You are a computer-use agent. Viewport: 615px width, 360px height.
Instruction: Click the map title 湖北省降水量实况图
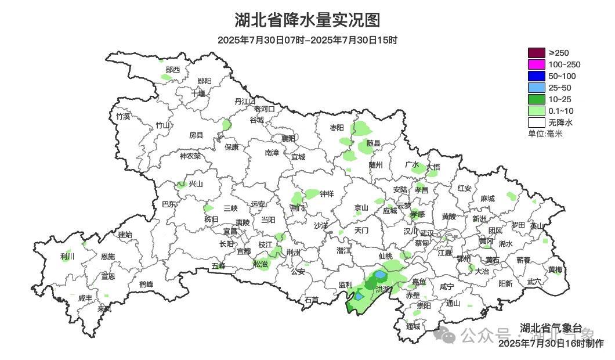[307, 20]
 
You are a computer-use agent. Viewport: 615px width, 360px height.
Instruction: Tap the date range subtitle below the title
[307, 40]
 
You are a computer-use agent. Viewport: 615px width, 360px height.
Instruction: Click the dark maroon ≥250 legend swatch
[537, 53]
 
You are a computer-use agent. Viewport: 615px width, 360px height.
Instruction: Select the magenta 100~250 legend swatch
[537, 64]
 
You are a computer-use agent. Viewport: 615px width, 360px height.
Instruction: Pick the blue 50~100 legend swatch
[537, 76]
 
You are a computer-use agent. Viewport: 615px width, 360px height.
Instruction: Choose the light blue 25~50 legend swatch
[537, 88]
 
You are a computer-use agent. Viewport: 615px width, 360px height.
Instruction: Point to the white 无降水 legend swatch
[537, 123]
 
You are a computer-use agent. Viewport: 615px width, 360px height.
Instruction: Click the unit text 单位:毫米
[545, 134]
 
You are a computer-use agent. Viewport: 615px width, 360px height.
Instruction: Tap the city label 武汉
[426, 232]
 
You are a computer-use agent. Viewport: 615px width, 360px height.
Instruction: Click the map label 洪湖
[383, 289]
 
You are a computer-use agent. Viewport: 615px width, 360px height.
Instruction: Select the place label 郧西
[173, 70]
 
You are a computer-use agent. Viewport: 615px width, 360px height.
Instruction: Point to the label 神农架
[190, 156]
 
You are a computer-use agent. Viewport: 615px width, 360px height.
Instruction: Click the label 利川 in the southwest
[67, 256]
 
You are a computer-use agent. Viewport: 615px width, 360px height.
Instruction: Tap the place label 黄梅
[555, 270]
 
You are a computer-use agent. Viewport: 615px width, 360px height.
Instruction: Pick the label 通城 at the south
[413, 326]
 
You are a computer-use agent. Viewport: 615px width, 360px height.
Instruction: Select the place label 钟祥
[327, 194]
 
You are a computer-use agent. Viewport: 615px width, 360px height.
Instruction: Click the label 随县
[373, 143]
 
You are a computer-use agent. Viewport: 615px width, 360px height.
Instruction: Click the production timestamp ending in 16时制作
[551, 343]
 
